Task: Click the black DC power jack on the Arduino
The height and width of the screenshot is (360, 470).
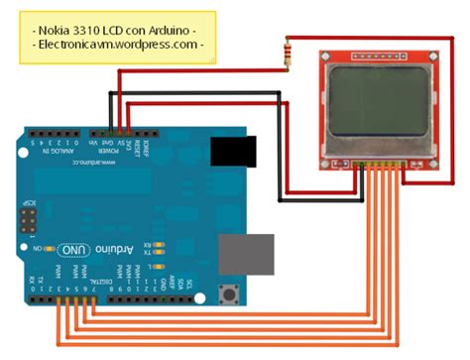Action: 235,152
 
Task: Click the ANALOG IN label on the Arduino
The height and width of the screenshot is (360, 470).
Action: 53,147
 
